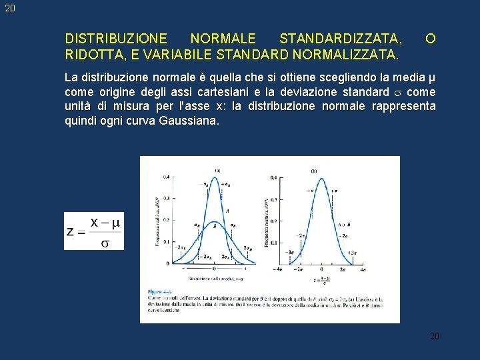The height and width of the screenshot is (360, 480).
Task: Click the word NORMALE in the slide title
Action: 223,38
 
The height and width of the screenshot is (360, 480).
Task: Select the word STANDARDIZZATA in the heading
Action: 340,38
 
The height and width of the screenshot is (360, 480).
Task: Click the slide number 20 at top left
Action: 8,8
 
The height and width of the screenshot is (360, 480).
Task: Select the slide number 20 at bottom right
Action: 434,336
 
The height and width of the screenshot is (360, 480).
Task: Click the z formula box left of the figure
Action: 94,231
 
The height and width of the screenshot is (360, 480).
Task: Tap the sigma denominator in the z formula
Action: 105,243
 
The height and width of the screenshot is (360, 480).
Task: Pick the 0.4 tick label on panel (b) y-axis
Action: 273,177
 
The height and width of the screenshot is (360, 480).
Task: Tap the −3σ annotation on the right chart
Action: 291,253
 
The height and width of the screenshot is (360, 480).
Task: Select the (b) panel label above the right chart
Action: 314,171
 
